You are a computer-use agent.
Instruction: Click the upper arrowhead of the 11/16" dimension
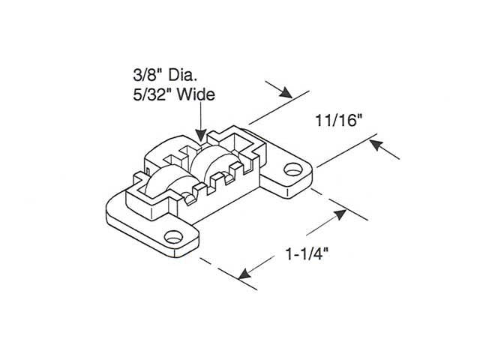(x=285, y=93)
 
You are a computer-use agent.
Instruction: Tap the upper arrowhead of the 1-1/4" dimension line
(x=339, y=215)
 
